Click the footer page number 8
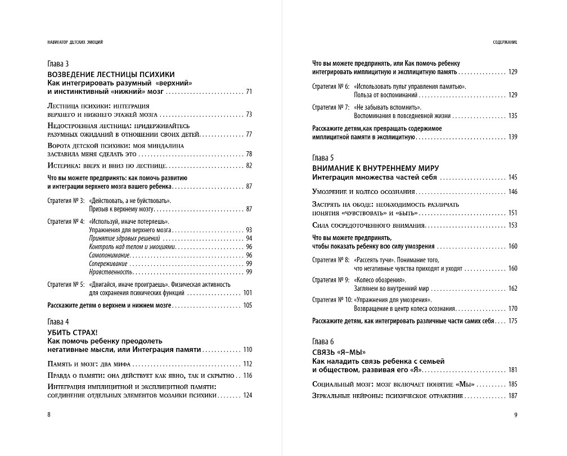point(49,414)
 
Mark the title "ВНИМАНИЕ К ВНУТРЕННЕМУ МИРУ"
point(375,168)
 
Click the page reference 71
point(248,91)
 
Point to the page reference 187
point(512,396)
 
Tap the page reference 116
point(247,376)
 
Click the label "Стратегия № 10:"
point(332,300)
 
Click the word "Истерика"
point(61,165)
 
